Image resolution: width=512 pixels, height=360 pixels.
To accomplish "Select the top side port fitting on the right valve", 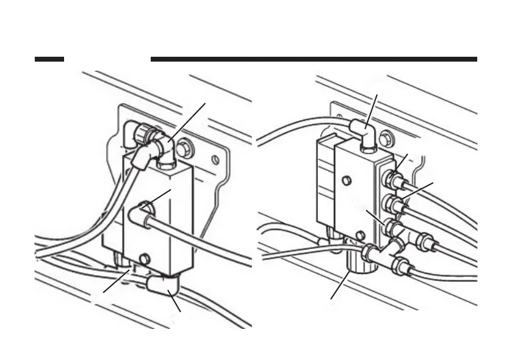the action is tap(391, 181).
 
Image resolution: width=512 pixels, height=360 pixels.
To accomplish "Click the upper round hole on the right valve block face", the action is tap(346, 181).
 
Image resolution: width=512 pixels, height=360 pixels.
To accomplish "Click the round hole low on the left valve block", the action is tap(145, 259).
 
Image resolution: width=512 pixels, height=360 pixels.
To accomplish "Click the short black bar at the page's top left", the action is tap(49, 59).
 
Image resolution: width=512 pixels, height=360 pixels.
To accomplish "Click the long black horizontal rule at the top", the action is tap(314, 59).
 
